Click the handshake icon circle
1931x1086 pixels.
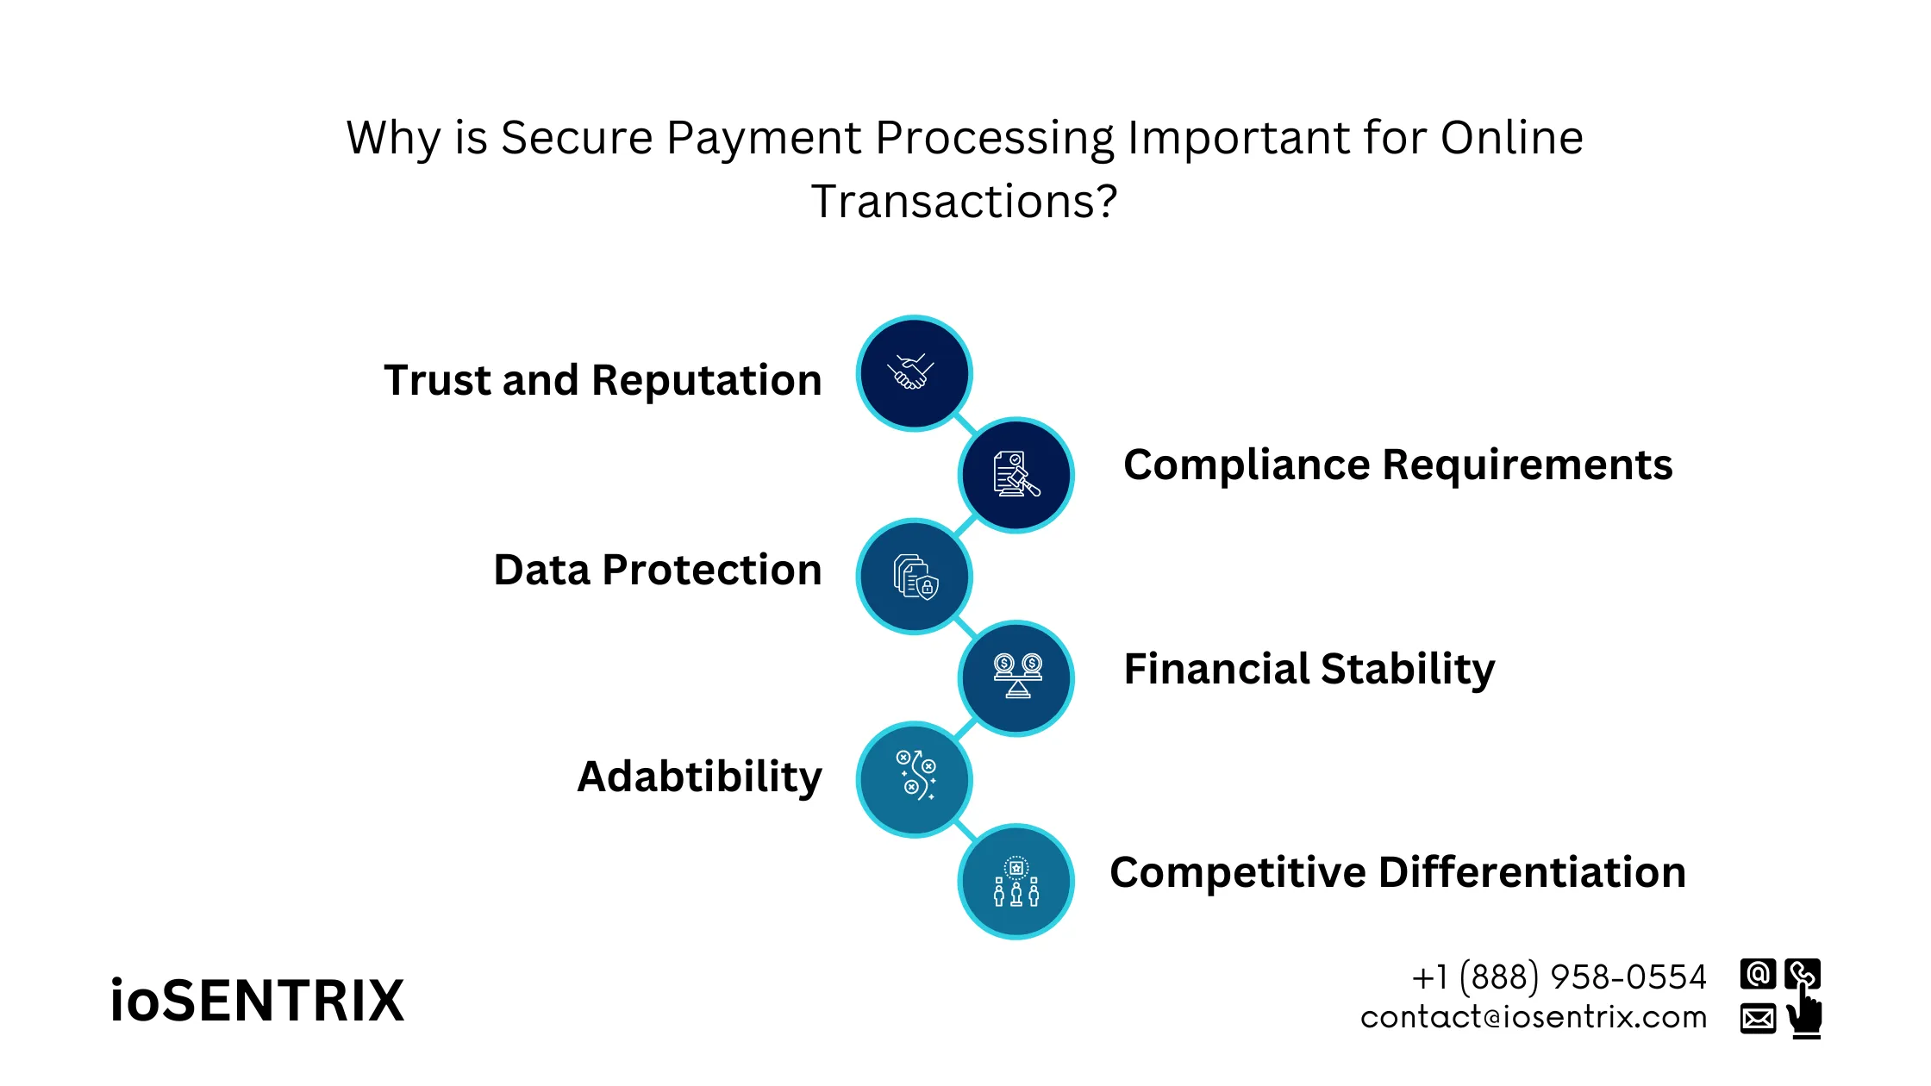[x=914, y=373]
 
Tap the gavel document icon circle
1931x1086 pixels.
[x=1016, y=475]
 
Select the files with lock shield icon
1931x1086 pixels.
[x=914, y=577]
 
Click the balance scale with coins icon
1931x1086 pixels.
[x=1016, y=677]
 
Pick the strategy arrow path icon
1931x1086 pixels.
[x=914, y=778]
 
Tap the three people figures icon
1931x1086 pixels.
[x=1016, y=881]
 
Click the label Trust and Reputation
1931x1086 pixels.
[x=603, y=380]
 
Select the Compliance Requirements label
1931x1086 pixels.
[x=1397, y=465]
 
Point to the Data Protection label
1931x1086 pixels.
[x=657, y=570]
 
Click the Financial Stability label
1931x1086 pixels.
[x=1309, y=669]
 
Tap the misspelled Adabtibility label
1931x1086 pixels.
[x=699, y=777]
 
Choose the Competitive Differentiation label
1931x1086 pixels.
[x=1397, y=872]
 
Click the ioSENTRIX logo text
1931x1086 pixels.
[x=257, y=1002]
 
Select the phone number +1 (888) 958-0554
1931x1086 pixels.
[x=1559, y=977]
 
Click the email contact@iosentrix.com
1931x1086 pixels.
[x=1534, y=1018]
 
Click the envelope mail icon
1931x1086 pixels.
[x=1757, y=1018]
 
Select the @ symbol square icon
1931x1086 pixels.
[x=1757, y=974]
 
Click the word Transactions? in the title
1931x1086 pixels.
[x=964, y=202]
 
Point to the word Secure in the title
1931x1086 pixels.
[x=577, y=138]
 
